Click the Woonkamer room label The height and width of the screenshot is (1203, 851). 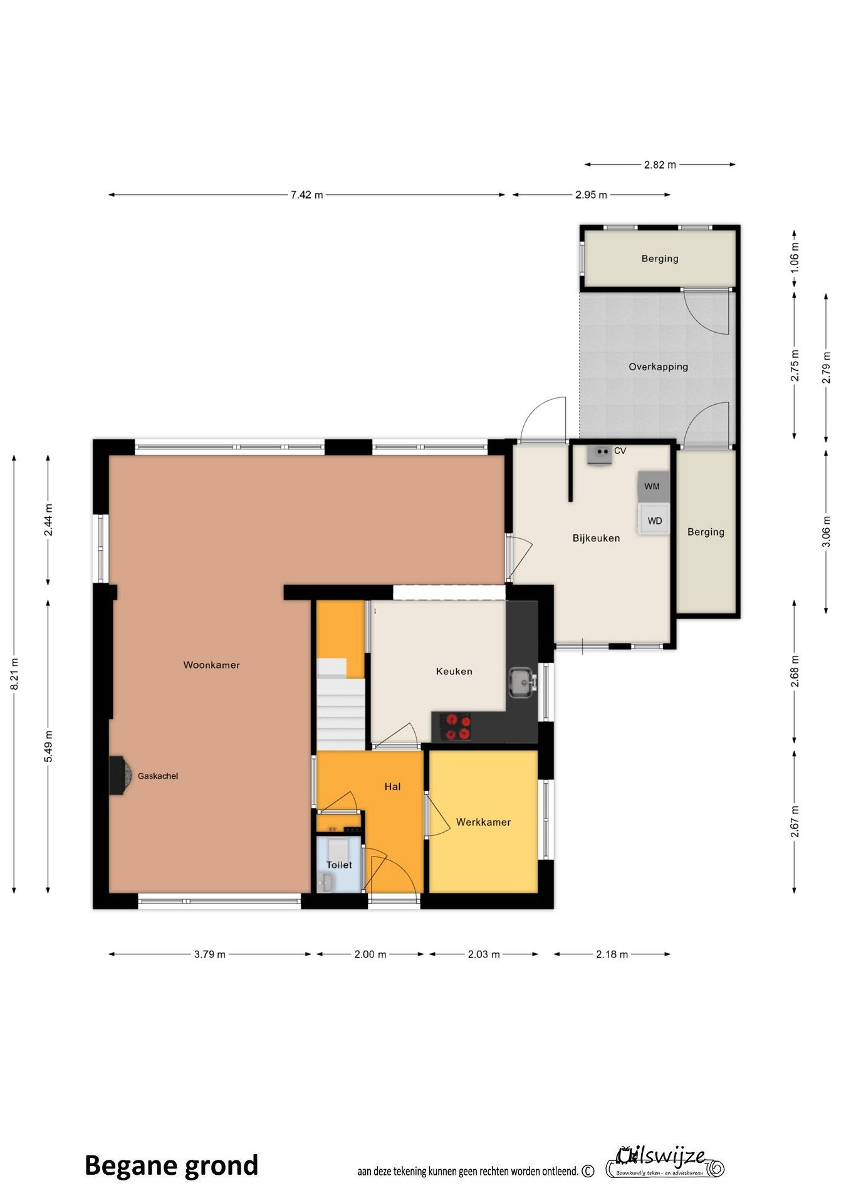pyautogui.click(x=211, y=665)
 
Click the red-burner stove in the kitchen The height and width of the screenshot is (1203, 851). pyautogui.click(x=456, y=727)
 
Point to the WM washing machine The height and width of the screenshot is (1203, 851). pyautogui.click(x=653, y=486)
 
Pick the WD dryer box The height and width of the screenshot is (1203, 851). pyautogui.click(x=654, y=519)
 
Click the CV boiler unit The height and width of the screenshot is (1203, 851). pyautogui.click(x=600, y=454)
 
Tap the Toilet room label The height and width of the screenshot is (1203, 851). pyautogui.click(x=339, y=865)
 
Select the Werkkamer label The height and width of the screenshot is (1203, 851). pyautogui.click(x=483, y=822)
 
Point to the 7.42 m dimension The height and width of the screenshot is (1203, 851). pyautogui.click(x=306, y=195)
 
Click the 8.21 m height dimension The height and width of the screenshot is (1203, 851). pyautogui.click(x=14, y=674)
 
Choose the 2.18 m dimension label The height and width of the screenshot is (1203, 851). pyautogui.click(x=612, y=954)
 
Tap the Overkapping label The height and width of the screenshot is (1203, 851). pyautogui.click(x=658, y=367)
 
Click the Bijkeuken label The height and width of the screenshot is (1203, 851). pyautogui.click(x=596, y=538)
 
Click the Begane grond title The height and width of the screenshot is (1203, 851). pyautogui.click(x=171, y=1166)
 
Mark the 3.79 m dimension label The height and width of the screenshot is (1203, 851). pyautogui.click(x=209, y=954)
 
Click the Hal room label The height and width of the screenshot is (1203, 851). pyautogui.click(x=392, y=786)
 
